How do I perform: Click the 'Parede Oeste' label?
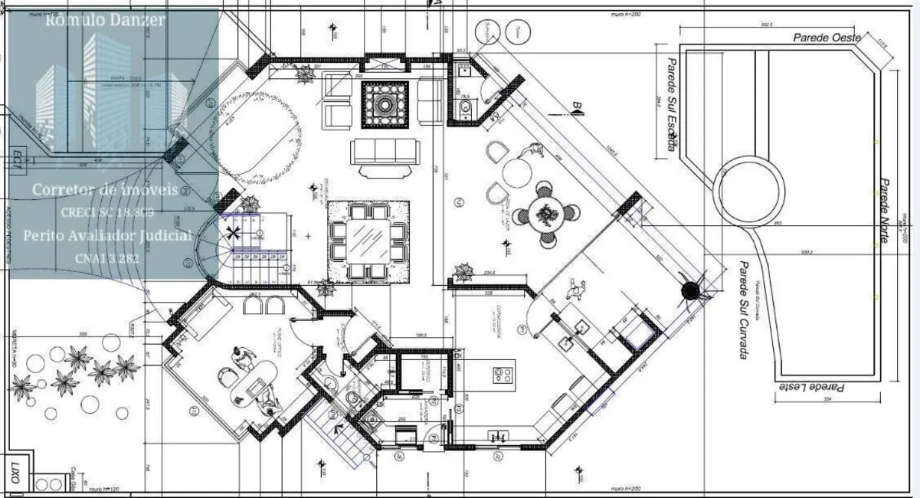click(x=827, y=38)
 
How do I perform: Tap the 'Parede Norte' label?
click(x=883, y=211)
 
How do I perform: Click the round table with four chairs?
click(x=545, y=214)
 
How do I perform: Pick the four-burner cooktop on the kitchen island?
click(x=502, y=375)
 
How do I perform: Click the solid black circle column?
click(x=691, y=290)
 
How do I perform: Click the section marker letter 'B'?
click(x=577, y=105)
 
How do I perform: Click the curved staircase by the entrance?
click(x=214, y=249)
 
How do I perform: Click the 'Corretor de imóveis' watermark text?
click(x=104, y=189)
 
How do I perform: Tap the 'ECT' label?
click(x=16, y=158)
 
